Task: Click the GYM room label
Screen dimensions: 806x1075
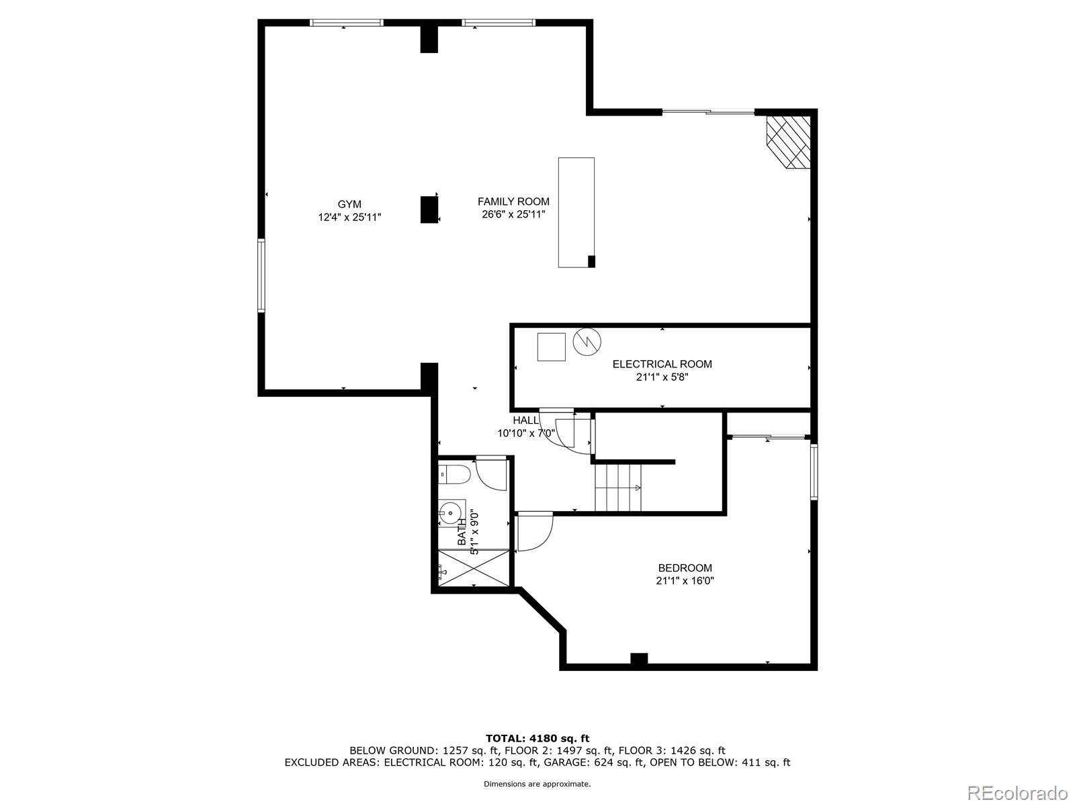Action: point(349,204)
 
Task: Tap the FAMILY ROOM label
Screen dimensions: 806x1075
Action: point(513,201)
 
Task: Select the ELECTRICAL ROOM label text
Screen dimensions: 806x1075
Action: point(662,364)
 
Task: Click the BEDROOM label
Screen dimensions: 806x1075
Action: point(685,568)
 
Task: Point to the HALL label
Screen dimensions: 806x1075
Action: point(525,420)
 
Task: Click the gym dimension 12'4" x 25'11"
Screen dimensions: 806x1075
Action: point(349,218)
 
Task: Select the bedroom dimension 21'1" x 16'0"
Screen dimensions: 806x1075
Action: point(685,581)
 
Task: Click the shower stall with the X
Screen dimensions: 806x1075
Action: point(473,568)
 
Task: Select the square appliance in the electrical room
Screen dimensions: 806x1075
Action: point(551,347)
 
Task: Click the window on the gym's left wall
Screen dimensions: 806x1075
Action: point(261,275)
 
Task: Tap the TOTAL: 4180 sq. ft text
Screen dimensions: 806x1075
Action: point(537,738)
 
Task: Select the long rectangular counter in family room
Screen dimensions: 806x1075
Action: point(576,212)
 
